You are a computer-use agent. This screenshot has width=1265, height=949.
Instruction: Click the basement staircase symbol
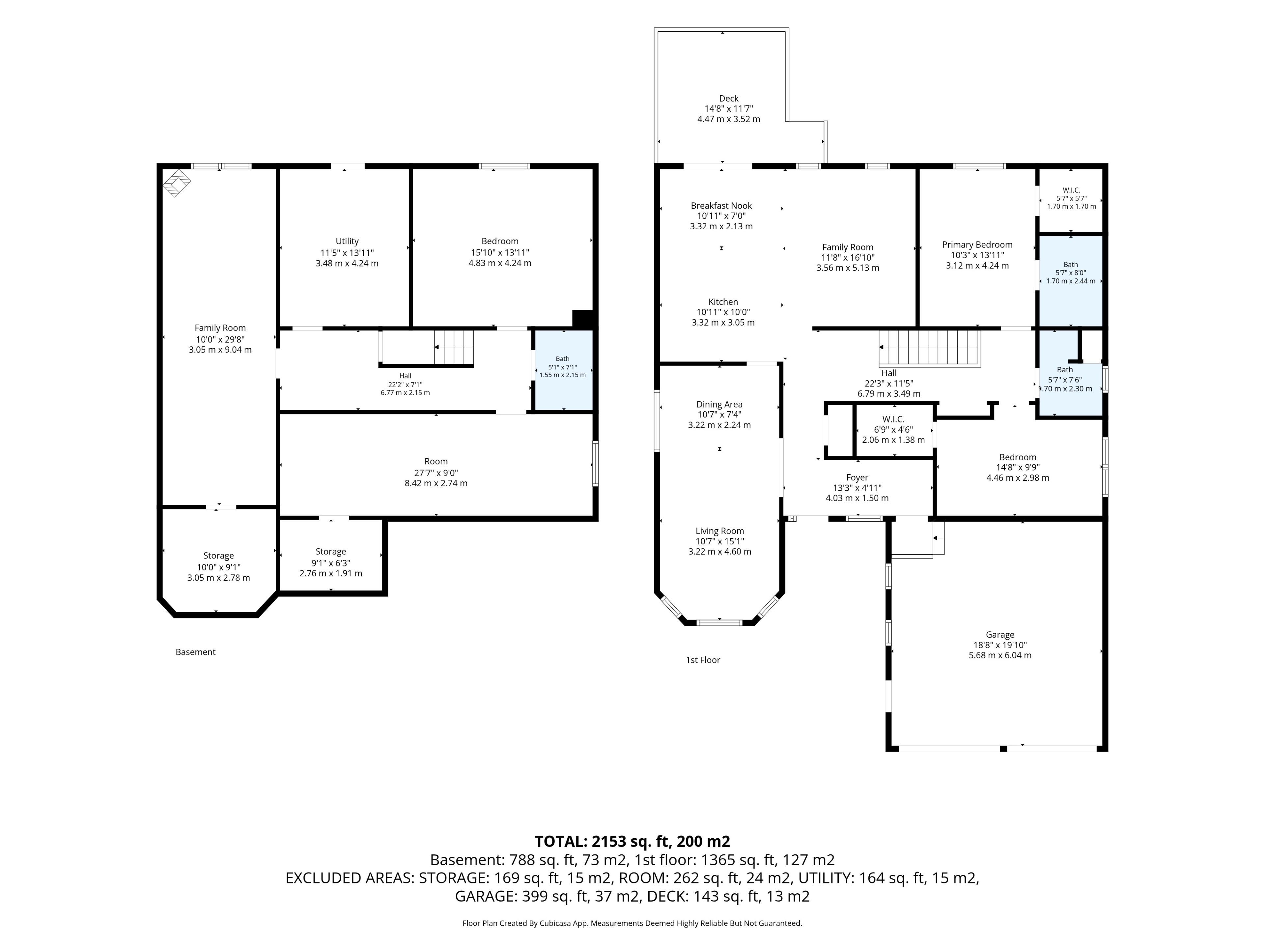point(454,347)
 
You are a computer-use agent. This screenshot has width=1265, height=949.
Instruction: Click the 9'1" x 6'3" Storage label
point(330,562)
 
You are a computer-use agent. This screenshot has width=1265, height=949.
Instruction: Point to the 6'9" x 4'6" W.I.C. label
point(893,430)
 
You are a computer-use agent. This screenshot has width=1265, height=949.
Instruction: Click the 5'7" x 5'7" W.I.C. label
point(1071,198)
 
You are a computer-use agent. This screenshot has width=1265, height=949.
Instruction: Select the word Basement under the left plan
point(196,652)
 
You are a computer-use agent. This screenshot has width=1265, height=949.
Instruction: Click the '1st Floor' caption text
point(703,660)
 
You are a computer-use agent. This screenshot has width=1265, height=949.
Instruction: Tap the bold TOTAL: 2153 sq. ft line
point(632,842)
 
